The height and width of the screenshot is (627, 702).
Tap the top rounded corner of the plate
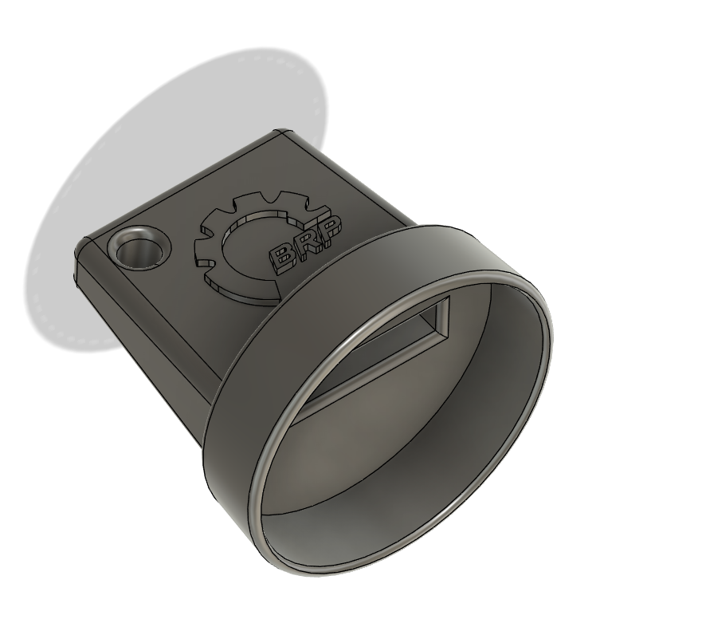(280, 133)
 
